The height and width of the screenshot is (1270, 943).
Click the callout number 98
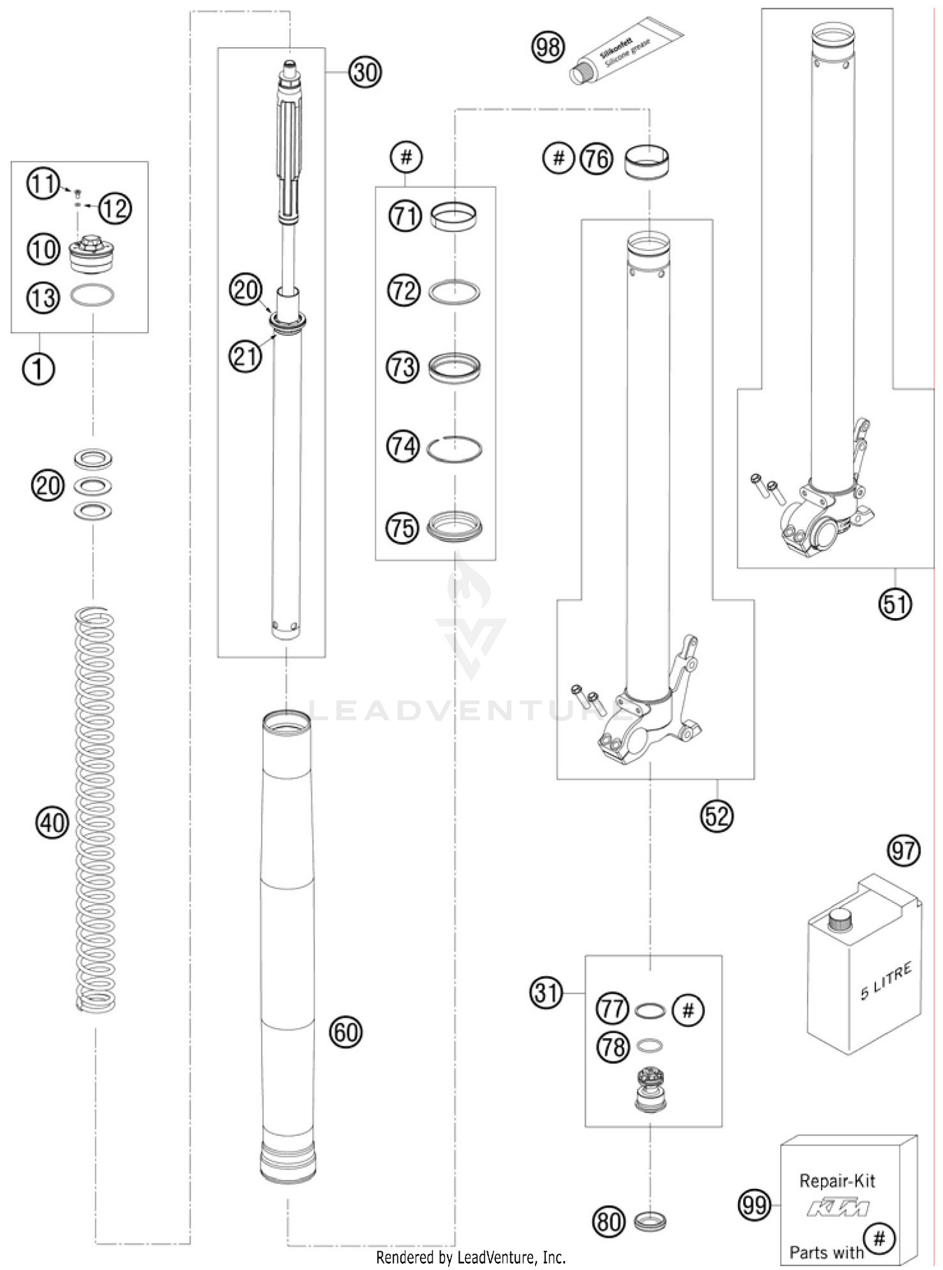pyautogui.click(x=548, y=47)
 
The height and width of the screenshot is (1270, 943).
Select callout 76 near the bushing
pyautogui.click(x=596, y=158)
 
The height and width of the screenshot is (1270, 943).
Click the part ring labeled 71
pyautogui.click(x=453, y=217)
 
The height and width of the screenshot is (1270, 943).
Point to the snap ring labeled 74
pyautogui.click(x=454, y=450)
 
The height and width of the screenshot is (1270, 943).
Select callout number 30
pyautogui.click(x=365, y=73)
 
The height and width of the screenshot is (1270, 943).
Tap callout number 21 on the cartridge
pyautogui.click(x=245, y=356)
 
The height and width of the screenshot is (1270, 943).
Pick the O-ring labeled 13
pyautogui.click(x=92, y=295)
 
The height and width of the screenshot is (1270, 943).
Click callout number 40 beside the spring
pyautogui.click(x=52, y=822)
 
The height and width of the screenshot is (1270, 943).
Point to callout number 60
pyautogui.click(x=346, y=1032)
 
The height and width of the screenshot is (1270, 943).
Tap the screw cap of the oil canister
pyautogui.click(x=839, y=922)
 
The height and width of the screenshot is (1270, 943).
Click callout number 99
pyautogui.click(x=754, y=1205)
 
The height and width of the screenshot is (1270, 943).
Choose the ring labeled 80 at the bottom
pyautogui.click(x=649, y=1222)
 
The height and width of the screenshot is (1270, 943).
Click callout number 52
pyautogui.click(x=717, y=816)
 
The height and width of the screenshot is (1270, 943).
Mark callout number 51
pyautogui.click(x=895, y=604)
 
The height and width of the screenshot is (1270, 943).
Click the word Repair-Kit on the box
pyautogui.click(x=837, y=1181)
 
